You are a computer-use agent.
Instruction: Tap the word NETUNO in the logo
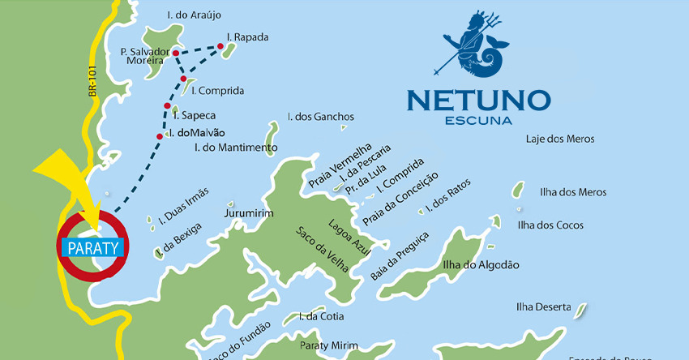coord(478,101)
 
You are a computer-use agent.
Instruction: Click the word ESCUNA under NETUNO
coord(478,122)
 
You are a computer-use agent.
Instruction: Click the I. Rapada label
coord(248,37)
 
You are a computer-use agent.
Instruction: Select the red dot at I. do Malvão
coord(160,135)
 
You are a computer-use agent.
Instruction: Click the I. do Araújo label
coord(193,15)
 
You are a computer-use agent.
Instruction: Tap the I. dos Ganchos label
coord(321,117)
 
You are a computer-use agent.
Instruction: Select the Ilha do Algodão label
coord(481,265)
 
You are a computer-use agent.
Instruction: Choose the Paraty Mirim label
coord(328,345)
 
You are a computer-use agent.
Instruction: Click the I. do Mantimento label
coord(236,148)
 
